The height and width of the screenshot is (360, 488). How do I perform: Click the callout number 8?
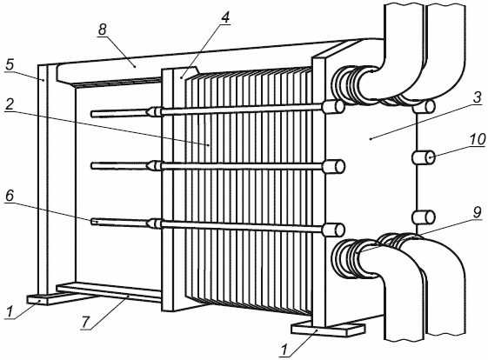pyautogui.click(x=102, y=30)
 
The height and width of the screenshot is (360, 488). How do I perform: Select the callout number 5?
pyautogui.click(x=10, y=64)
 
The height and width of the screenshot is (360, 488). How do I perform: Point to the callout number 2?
pyautogui.click(x=10, y=104)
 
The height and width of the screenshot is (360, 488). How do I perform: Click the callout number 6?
pyautogui.click(x=10, y=196)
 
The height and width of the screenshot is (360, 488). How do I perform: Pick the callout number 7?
pyautogui.click(x=85, y=322)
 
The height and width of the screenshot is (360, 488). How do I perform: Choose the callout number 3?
pyautogui.click(x=477, y=97)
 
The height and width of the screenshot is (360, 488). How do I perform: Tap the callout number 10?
pyautogui.click(x=478, y=140)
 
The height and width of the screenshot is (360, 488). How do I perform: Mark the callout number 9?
pyautogui.click(x=477, y=212)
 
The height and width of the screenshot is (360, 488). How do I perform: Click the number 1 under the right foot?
pyautogui.click(x=284, y=350)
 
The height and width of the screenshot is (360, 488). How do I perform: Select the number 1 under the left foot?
pyautogui.click(x=10, y=311)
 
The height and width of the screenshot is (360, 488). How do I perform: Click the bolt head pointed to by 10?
pyautogui.click(x=424, y=157)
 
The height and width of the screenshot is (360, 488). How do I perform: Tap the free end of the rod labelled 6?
pyautogui.click(x=92, y=222)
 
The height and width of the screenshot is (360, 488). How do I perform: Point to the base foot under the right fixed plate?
pyautogui.click(x=328, y=330)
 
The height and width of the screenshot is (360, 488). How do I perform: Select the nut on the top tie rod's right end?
pyautogui.click(x=333, y=107)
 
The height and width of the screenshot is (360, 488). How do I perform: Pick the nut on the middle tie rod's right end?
pyautogui.click(x=333, y=166)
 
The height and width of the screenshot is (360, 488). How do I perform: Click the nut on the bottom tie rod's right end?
pyautogui.click(x=333, y=230)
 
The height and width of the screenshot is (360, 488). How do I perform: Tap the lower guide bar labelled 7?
pyautogui.click(x=109, y=292)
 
